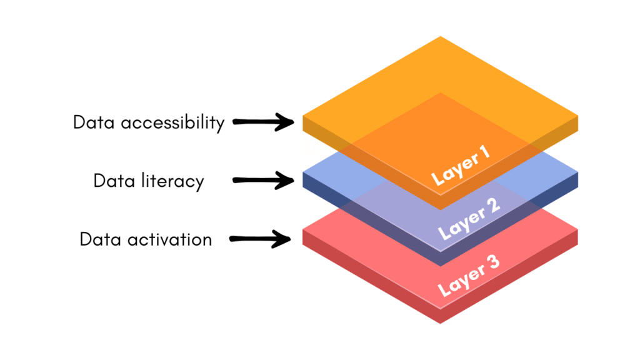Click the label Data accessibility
(x=148, y=122)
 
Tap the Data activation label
(x=146, y=239)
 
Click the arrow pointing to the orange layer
(x=263, y=122)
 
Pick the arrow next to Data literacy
(x=263, y=181)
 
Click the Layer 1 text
(x=461, y=167)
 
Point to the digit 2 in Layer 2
(x=492, y=208)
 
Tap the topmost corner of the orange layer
(x=441, y=37)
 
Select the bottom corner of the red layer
(x=441, y=323)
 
